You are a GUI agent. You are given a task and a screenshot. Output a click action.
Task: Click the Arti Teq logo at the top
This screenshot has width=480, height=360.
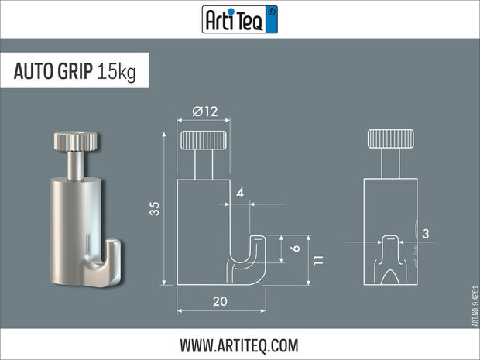click(239, 19)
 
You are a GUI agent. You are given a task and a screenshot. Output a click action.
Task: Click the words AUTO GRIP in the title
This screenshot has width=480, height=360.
click(53, 71)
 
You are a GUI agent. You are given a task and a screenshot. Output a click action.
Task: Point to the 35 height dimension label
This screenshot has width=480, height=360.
click(155, 207)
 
